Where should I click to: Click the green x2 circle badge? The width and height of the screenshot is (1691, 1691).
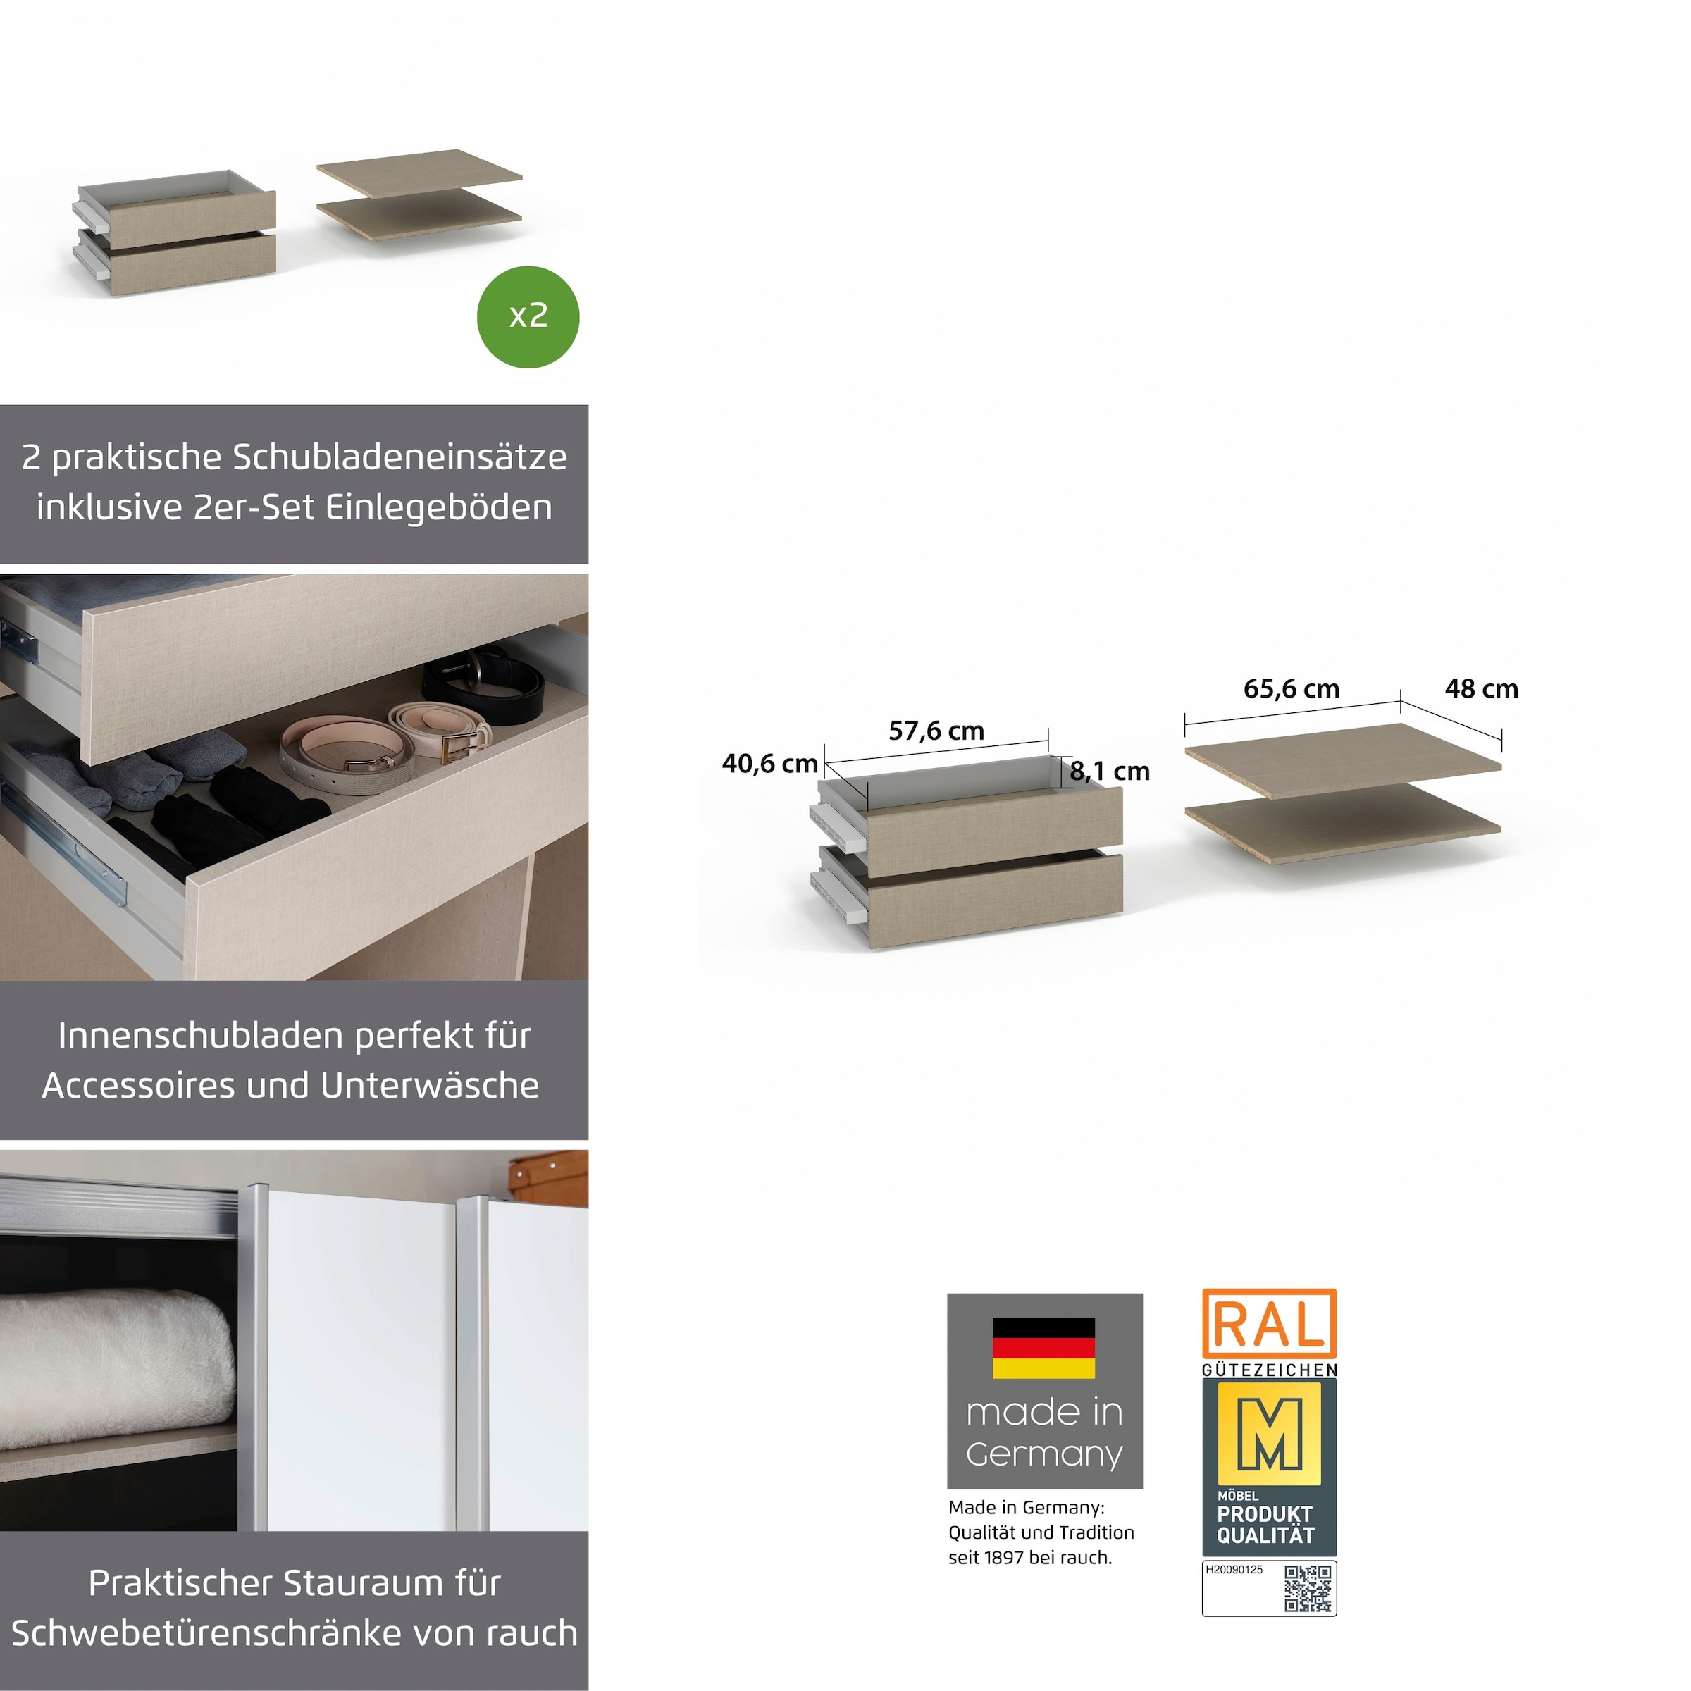528,317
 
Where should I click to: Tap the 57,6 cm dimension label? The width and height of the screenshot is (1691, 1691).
936,731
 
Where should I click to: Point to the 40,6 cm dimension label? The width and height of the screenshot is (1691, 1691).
769,764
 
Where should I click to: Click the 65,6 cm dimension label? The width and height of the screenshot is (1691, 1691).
1291,689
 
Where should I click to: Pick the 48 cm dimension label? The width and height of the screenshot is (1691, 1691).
1481,689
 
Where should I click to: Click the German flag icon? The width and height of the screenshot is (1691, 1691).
1043,1348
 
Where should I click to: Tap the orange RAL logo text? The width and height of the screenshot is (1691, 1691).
1269,1325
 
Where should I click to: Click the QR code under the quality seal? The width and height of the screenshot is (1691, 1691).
1308,1589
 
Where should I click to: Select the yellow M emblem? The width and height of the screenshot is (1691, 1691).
1269,1434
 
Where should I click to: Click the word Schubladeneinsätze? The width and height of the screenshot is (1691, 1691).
399,457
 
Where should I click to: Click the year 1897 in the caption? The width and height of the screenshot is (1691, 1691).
1005,1558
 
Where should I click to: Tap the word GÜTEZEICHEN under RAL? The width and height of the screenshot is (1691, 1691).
1269,1370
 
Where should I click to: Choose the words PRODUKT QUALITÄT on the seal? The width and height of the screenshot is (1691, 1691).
1265,1525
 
